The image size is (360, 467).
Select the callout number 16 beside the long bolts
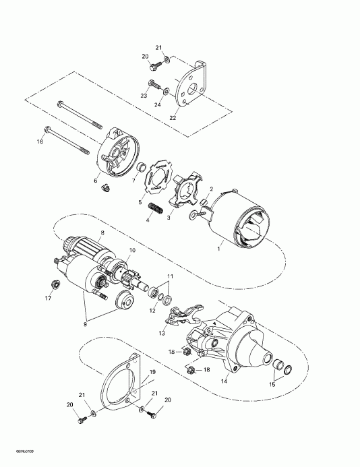[39, 142]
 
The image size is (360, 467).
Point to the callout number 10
[132, 251]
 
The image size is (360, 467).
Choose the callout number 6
[96, 181]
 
